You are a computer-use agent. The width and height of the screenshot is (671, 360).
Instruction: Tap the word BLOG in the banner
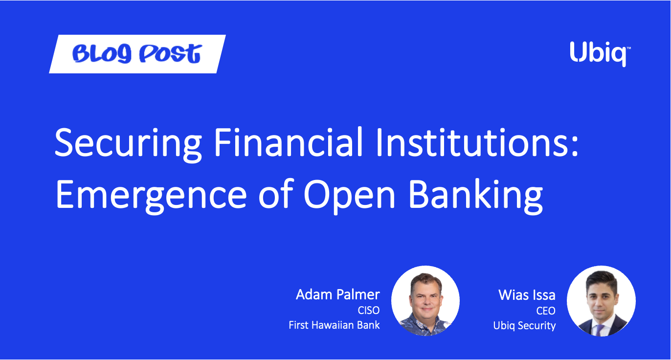tap(102, 54)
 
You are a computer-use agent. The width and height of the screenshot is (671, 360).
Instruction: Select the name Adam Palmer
tap(338, 294)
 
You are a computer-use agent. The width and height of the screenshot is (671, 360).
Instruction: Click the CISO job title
tap(369, 311)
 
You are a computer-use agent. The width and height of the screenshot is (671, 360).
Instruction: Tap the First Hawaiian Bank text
tap(335, 325)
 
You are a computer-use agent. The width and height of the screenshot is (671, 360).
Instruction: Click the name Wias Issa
tap(527, 295)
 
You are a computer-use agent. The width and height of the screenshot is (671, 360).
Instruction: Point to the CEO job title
tap(546, 311)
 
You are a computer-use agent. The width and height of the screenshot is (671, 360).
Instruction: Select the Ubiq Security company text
tap(524, 326)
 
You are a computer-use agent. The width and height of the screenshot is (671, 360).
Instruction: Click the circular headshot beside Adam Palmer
tap(425, 301)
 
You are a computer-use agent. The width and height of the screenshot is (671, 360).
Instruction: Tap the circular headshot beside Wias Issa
tap(601, 301)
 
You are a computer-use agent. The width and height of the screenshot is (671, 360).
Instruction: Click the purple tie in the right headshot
tap(600, 330)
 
